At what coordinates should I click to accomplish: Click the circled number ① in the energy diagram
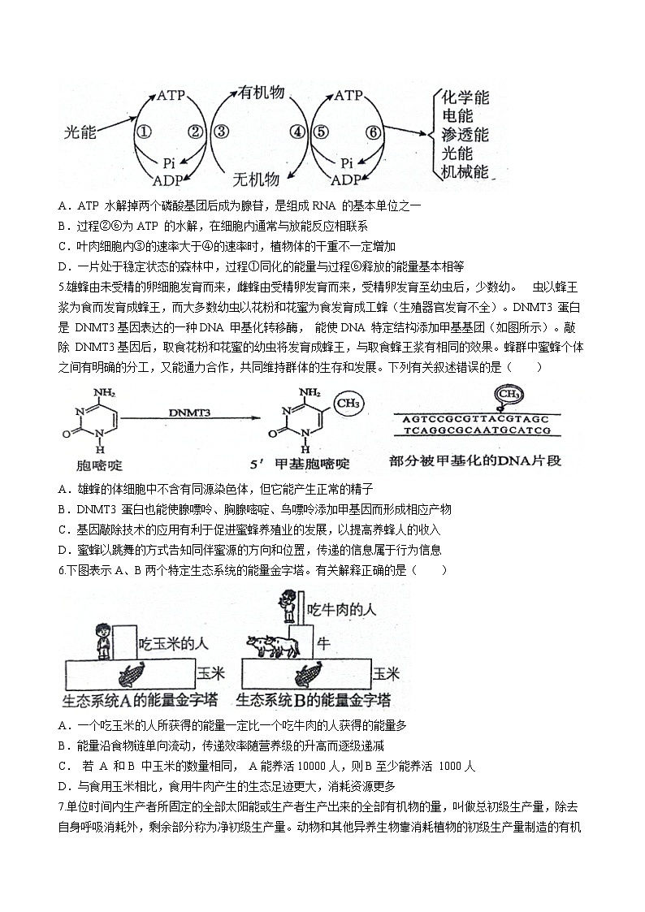tap(143, 132)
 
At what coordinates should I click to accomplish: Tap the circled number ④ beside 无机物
tap(297, 132)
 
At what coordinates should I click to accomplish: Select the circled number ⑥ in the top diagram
tap(373, 132)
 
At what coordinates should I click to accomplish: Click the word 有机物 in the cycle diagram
tap(261, 93)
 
